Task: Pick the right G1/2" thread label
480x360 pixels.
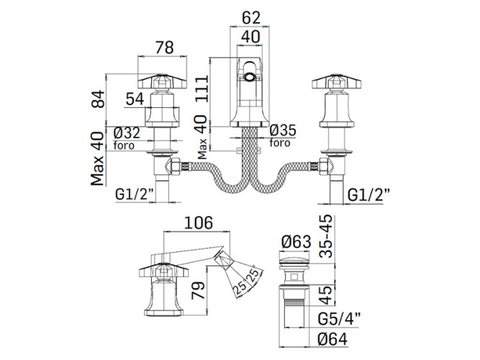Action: coord(369,194)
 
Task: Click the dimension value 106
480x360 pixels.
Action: coord(199,223)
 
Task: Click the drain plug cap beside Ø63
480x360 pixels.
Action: coord(293,259)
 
